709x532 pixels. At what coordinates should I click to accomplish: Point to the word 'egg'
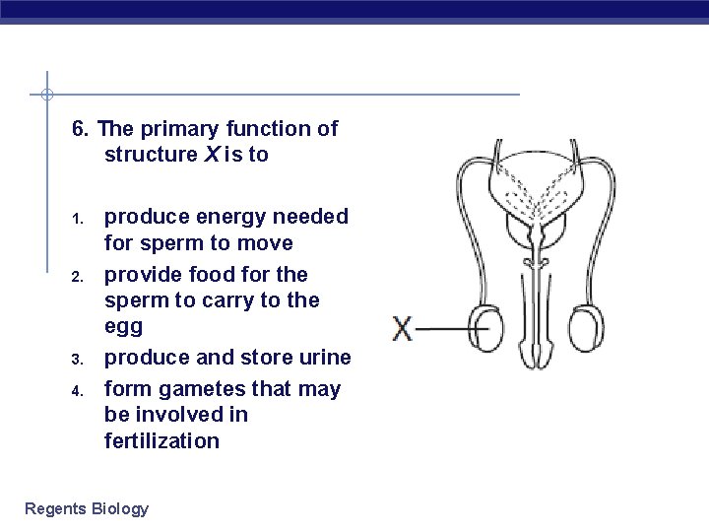[123, 327]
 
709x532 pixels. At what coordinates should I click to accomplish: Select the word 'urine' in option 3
[323, 357]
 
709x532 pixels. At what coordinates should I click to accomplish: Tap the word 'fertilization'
[161, 440]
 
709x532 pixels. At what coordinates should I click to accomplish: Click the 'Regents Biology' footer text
[87, 508]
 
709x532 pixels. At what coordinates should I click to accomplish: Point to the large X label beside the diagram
[403, 328]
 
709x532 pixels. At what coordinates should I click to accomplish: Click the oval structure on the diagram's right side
[593, 327]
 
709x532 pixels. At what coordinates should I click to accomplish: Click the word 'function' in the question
[268, 129]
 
